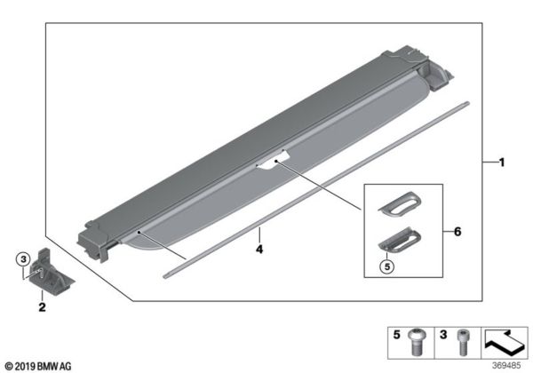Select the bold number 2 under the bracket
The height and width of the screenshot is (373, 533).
[x=41, y=308]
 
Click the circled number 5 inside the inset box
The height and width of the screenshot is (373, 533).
[x=386, y=264]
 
